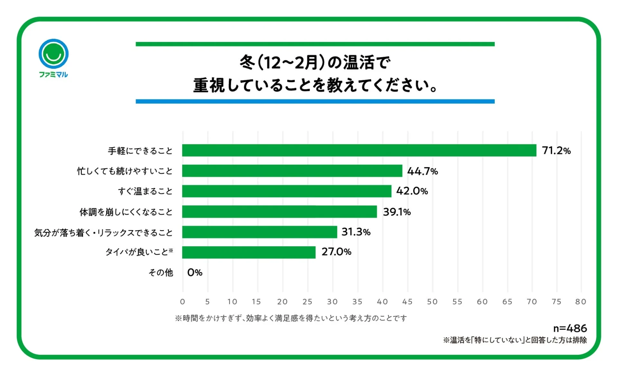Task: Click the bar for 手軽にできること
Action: [x=359, y=150]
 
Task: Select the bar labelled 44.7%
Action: [x=292, y=171]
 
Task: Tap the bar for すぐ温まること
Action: [x=286, y=191]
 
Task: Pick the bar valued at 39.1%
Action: [x=279, y=212]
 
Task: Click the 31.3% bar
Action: [x=259, y=232]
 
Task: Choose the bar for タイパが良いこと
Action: [x=248, y=252]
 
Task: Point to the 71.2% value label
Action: [x=556, y=150]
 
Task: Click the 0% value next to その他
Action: [x=195, y=273]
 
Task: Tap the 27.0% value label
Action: [x=336, y=252]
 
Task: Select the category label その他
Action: [x=160, y=273]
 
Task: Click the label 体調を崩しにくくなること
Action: [x=126, y=212]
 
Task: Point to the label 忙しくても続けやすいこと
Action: [x=125, y=171]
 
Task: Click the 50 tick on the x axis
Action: [x=432, y=302]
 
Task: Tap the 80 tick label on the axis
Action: [x=580, y=302]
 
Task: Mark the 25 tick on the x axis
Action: [x=307, y=302]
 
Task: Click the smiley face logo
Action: [x=53, y=54]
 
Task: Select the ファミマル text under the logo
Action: [x=53, y=74]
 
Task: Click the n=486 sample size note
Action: [x=570, y=328]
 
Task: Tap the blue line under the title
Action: [x=315, y=102]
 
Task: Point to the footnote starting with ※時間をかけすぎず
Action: [x=291, y=318]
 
